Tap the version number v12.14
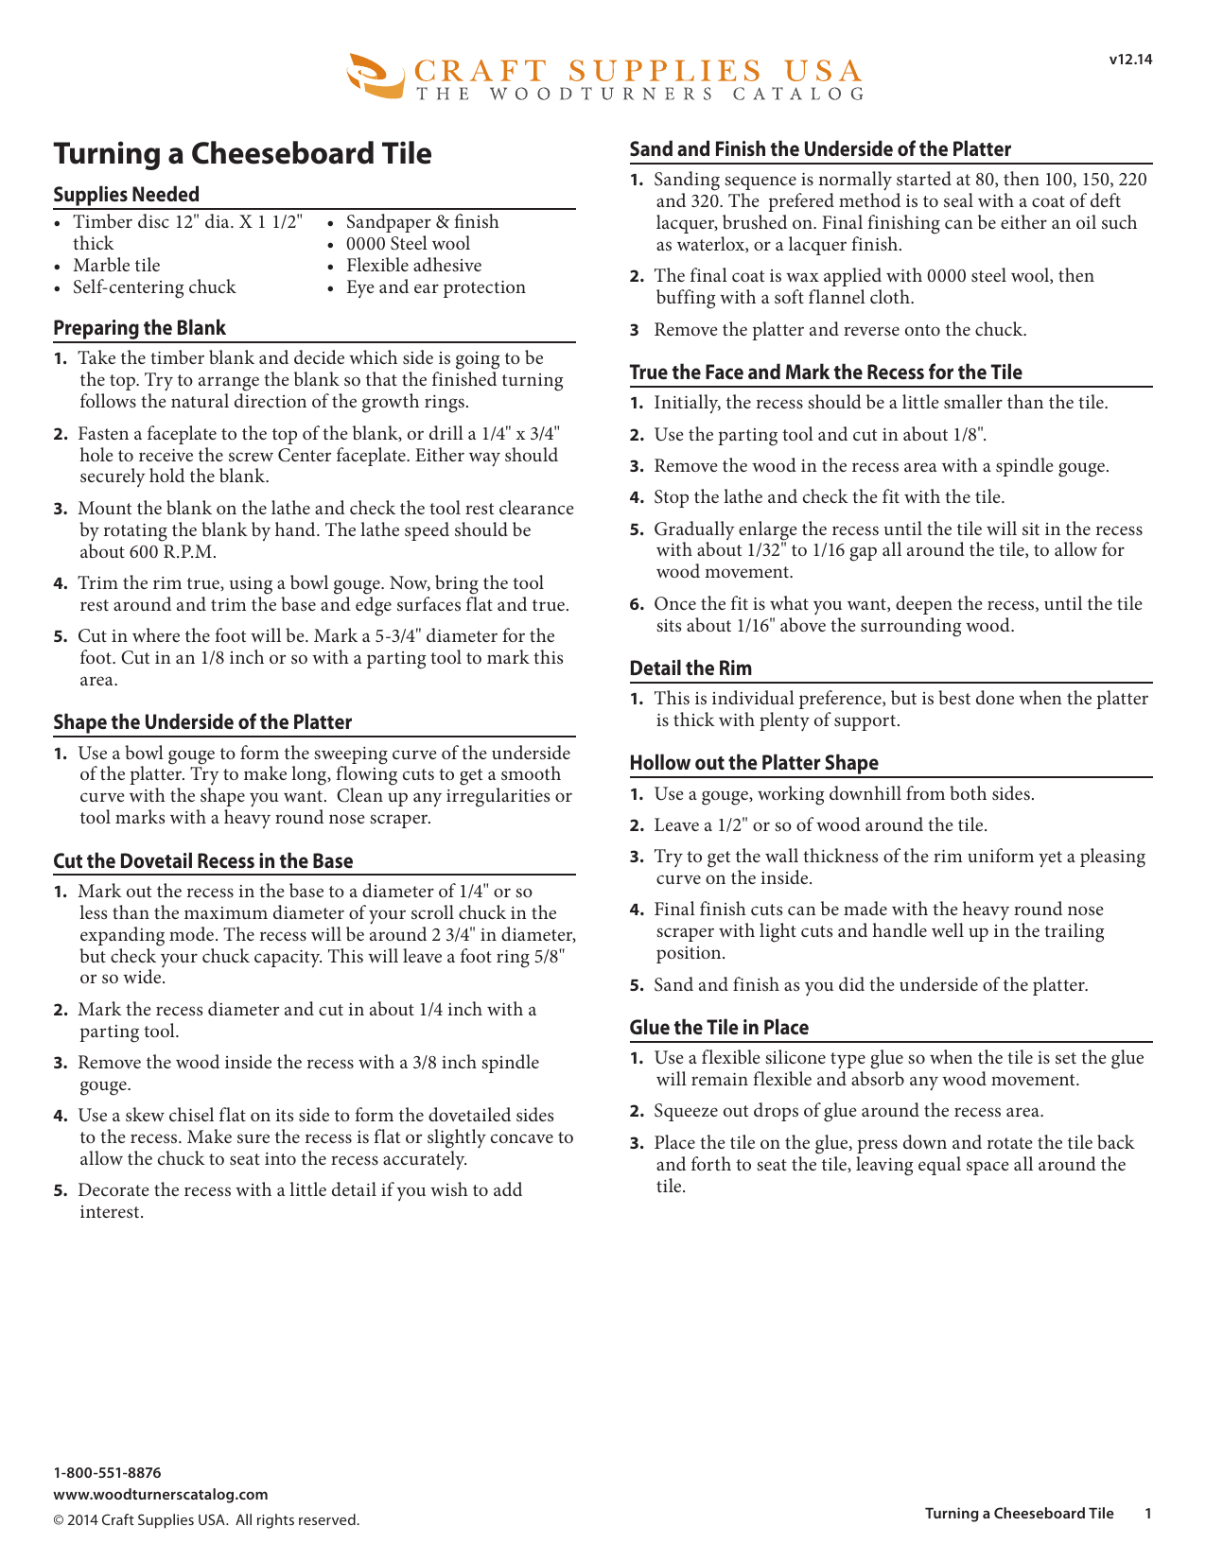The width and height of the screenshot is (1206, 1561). click(x=1130, y=60)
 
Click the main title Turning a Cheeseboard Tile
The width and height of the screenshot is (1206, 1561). click(x=242, y=153)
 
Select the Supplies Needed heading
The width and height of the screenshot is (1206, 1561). click(x=126, y=195)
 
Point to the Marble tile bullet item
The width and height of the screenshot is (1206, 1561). click(x=116, y=266)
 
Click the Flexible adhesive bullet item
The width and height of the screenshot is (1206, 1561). click(x=413, y=266)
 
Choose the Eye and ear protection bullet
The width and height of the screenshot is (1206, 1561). click(x=435, y=287)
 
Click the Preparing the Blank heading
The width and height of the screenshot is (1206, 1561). click(x=139, y=328)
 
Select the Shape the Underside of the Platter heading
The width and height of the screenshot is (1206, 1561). click(x=202, y=722)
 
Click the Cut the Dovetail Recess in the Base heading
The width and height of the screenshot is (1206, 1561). click(x=202, y=861)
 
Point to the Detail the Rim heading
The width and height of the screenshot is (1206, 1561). click(x=690, y=668)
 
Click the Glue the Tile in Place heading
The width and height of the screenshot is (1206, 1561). click(x=719, y=1028)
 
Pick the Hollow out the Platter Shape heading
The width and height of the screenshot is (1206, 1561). click(x=754, y=763)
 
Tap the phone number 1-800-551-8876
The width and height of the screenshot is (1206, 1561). click(x=107, y=1473)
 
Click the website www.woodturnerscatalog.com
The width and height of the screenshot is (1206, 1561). click(x=161, y=1495)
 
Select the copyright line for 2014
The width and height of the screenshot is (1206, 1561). click(x=206, y=1520)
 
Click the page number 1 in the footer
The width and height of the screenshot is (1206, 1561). click(x=1148, y=1514)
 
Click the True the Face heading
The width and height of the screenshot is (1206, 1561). click(x=826, y=373)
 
